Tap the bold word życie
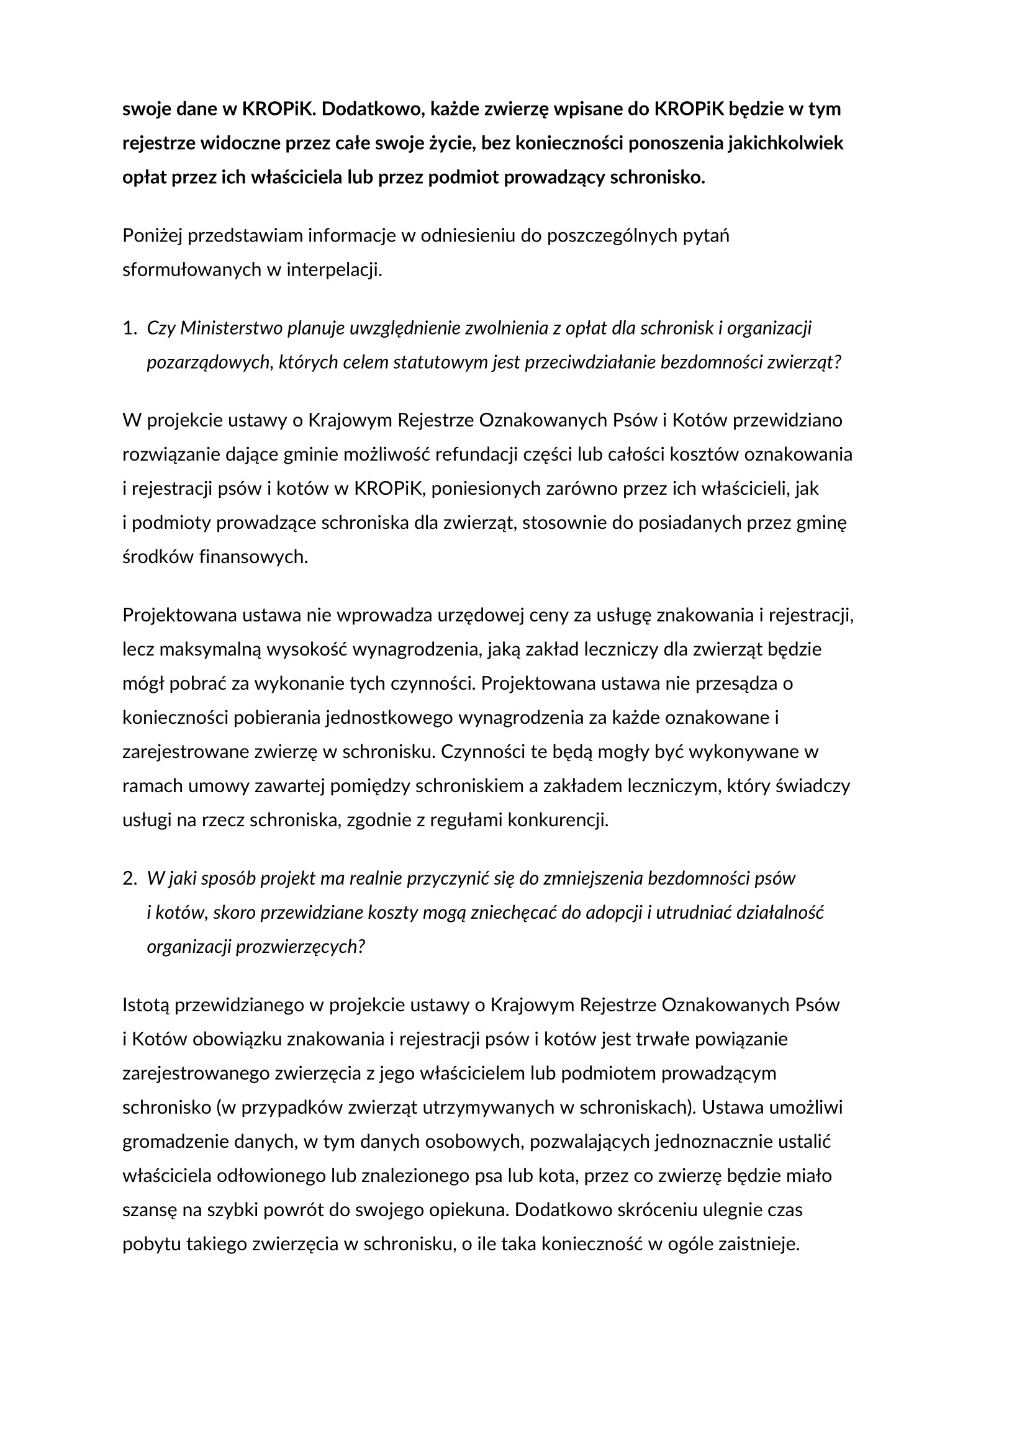coord(446,143)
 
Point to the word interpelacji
coord(335,270)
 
